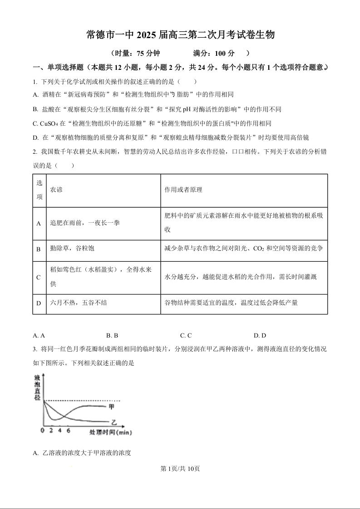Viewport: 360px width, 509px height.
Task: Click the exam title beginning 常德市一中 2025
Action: (x=180, y=35)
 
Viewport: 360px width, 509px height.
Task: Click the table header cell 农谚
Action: (x=56, y=190)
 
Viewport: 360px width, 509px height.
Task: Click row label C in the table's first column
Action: (x=39, y=277)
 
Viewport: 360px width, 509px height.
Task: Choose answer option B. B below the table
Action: (x=112, y=336)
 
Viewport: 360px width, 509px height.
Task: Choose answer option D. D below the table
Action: (x=260, y=336)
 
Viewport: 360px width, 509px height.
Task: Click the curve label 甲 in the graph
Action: (x=112, y=406)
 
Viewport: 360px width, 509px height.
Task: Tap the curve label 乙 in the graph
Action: (x=113, y=422)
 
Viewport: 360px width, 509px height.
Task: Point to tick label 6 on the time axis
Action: (x=68, y=431)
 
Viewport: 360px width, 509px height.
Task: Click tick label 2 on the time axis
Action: (x=51, y=431)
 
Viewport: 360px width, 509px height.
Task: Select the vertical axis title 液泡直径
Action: (x=37, y=387)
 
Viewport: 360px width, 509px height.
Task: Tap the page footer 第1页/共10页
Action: (x=180, y=469)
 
